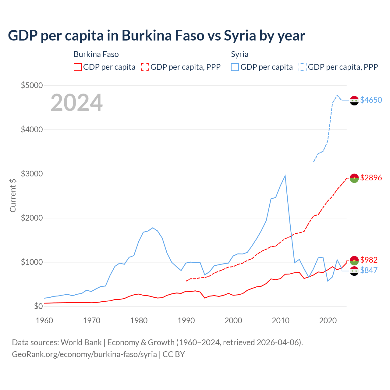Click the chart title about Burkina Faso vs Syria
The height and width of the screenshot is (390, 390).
pyautogui.click(x=157, y=36)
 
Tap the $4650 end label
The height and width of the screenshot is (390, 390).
pyautogui.click(x=371, y=100)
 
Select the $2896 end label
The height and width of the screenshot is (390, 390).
pyautogui.click(x=371, y=178)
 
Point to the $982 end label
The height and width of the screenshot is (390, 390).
pyautogui.click(x=369, y=260)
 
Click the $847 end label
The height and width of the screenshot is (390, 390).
pyautogui.click(x=369, y=270)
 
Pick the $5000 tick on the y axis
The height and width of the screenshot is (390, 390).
pyautogui.click(x=32, y=85)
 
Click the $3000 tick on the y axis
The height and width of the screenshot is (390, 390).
pyautogui.click(x=32, y=174)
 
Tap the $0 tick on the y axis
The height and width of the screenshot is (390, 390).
pyautogui.click(x=38, y=306)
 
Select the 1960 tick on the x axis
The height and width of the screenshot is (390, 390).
pyautogui.click(x=44, y=321)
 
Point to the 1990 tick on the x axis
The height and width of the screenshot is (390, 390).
pyautogui.click(x=186, y=321)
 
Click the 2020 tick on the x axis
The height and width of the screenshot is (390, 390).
pyautogui.click(x=328, y=321)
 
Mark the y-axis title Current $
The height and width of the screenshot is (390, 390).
pyautogui.click(x=13, y=196)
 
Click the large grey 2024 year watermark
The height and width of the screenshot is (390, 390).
pyautogui.click(x=76, y=103)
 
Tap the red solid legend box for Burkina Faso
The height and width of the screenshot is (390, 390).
pyautogui.click(x=78, y=67)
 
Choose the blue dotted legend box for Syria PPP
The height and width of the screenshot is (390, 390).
pyautogui.click(x=303, y=67)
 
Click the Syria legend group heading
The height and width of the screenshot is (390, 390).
pyautogui.click(x=239, y=54)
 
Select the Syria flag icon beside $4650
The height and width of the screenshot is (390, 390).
pyautogui.click(x=354, y=100)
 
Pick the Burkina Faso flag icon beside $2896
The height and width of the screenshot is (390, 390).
pyautogui.click(x=354, y=178)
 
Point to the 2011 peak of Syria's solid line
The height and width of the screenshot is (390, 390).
pyautogui.click(x=285, y=175)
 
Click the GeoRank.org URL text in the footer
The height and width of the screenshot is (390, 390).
pyautogui.click(x=84, y=354)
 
